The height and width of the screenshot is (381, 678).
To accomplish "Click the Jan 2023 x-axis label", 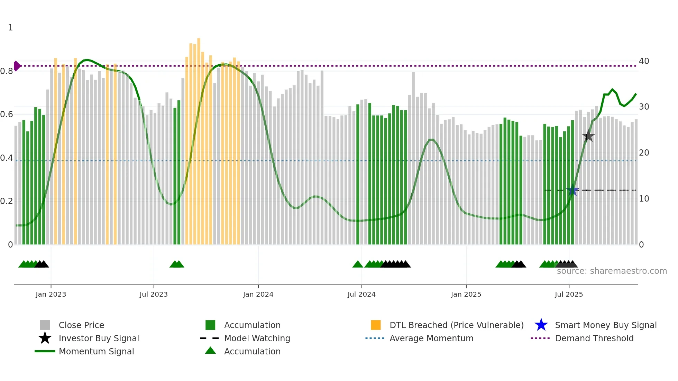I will [51, 294].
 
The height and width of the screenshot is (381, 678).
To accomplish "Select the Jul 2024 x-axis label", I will [361, 294].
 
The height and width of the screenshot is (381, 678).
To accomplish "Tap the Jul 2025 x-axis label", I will [569, 294].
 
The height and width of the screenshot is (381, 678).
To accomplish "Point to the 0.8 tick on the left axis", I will [7, 71].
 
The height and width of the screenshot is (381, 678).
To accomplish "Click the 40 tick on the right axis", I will [644, 61].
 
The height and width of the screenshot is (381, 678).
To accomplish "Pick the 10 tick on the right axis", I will [644, 199].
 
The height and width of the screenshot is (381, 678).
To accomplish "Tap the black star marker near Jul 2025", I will [588, 136].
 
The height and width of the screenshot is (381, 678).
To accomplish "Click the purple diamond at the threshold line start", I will [17, 66].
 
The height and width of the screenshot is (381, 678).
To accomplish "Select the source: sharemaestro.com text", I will [612, 271].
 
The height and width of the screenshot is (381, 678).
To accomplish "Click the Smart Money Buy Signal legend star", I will [541, 325].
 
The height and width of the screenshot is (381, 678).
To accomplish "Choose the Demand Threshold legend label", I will [594, 338].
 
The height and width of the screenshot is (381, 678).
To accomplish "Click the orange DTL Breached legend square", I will [376, 325].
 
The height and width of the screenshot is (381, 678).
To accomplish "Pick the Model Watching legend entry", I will [257, 338].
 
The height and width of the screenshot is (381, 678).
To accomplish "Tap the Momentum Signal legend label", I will [96, 351].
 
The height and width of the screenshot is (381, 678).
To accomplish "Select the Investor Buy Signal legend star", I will [45, 338].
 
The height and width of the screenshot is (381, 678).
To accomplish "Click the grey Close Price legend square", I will [45, 325].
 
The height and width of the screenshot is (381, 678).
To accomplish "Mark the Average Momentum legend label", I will [431, 338].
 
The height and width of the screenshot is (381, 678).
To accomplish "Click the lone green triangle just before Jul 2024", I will [358, 264].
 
